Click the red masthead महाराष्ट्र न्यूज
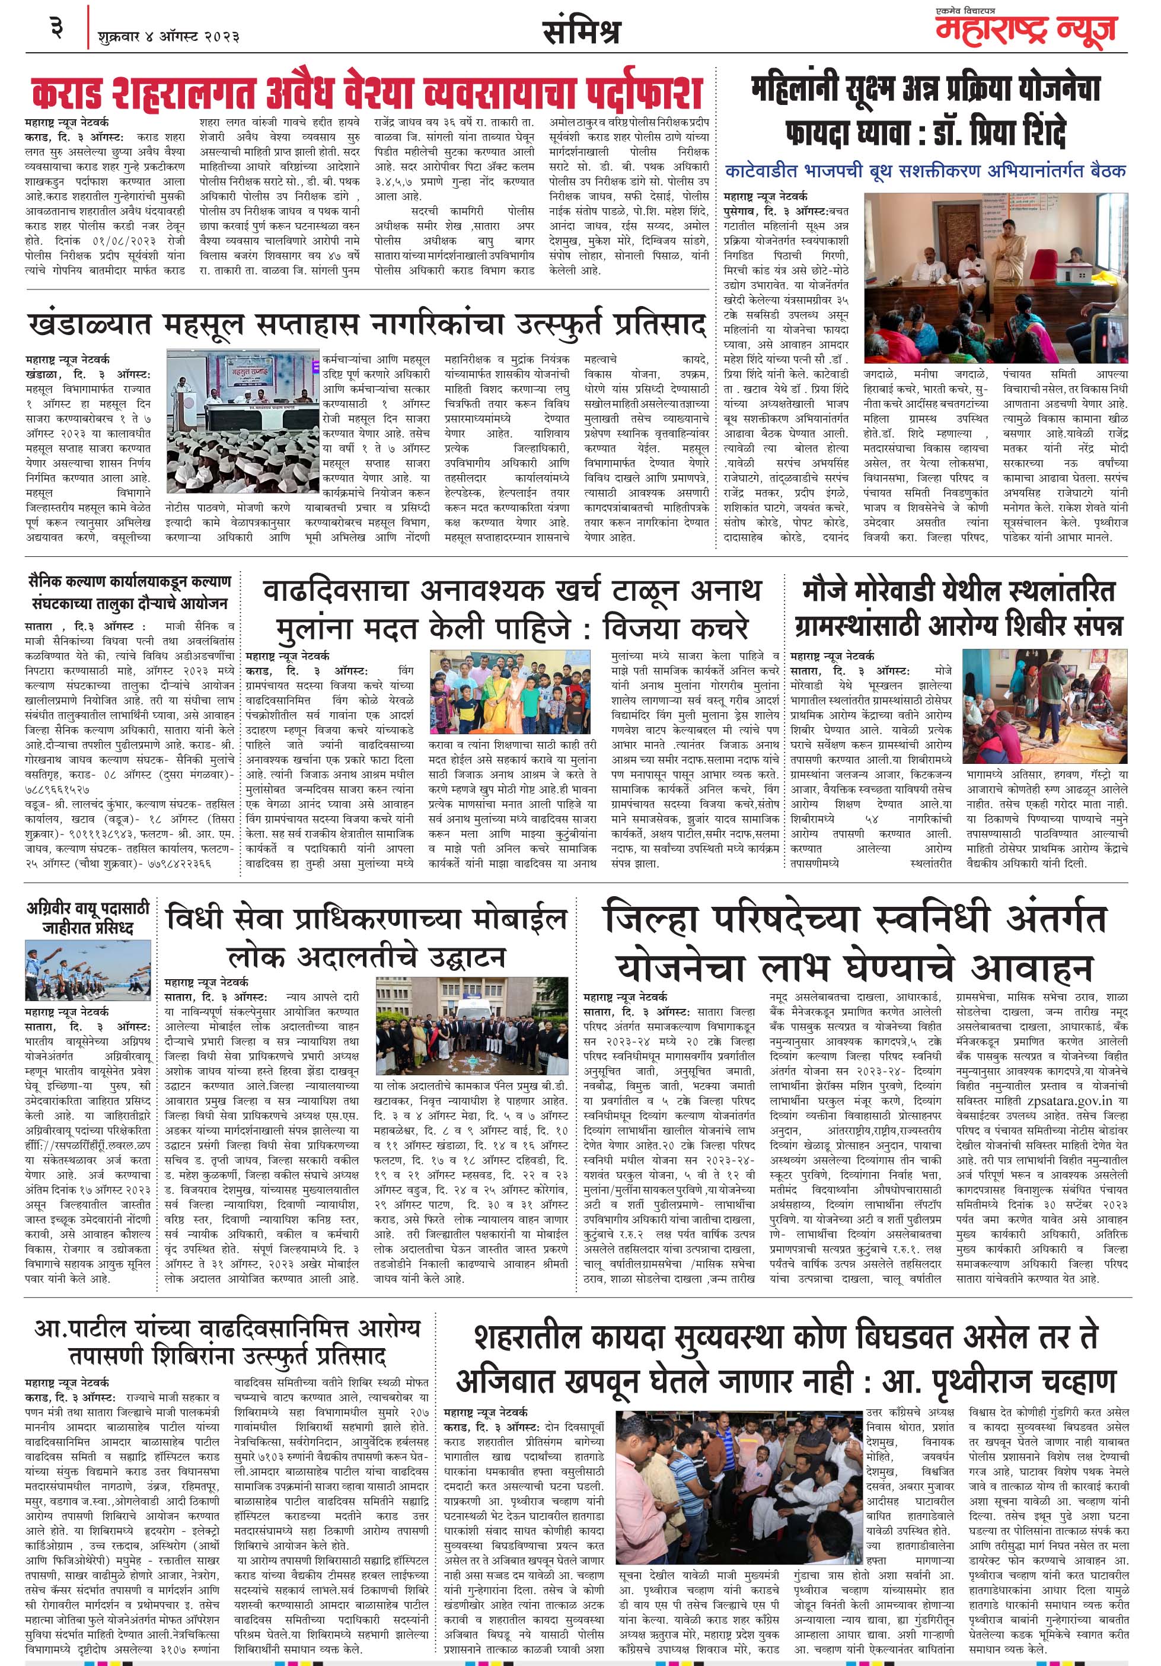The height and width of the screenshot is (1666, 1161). [x=1025, y=30]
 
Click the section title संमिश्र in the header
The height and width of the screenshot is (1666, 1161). [x=581, y=32]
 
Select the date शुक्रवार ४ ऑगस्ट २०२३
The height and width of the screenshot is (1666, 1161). [x=168, y=36]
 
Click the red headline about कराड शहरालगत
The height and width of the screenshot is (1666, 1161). [x=366, y=91]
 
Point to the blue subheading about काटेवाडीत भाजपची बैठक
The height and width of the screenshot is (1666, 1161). [x=925, y=171]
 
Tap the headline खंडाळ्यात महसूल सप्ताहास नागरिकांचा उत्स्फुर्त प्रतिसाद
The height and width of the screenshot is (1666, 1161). [x=366, y=324]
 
